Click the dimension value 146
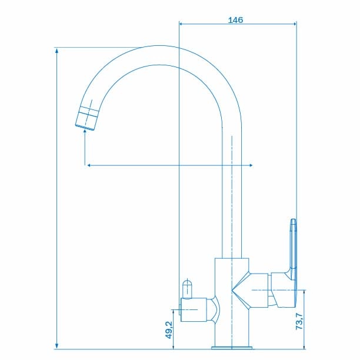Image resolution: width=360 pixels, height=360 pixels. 235,20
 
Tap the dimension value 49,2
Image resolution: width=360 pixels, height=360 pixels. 168,329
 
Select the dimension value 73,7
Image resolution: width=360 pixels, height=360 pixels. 299,321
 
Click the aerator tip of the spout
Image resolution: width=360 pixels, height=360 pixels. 87,118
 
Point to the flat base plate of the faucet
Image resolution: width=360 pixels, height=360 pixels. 232,348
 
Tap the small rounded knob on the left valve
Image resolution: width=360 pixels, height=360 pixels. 187,289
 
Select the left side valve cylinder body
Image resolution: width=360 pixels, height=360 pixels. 194,309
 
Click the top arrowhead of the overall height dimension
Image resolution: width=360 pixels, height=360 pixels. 56,51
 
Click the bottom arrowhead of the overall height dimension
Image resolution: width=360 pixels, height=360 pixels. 56,346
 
